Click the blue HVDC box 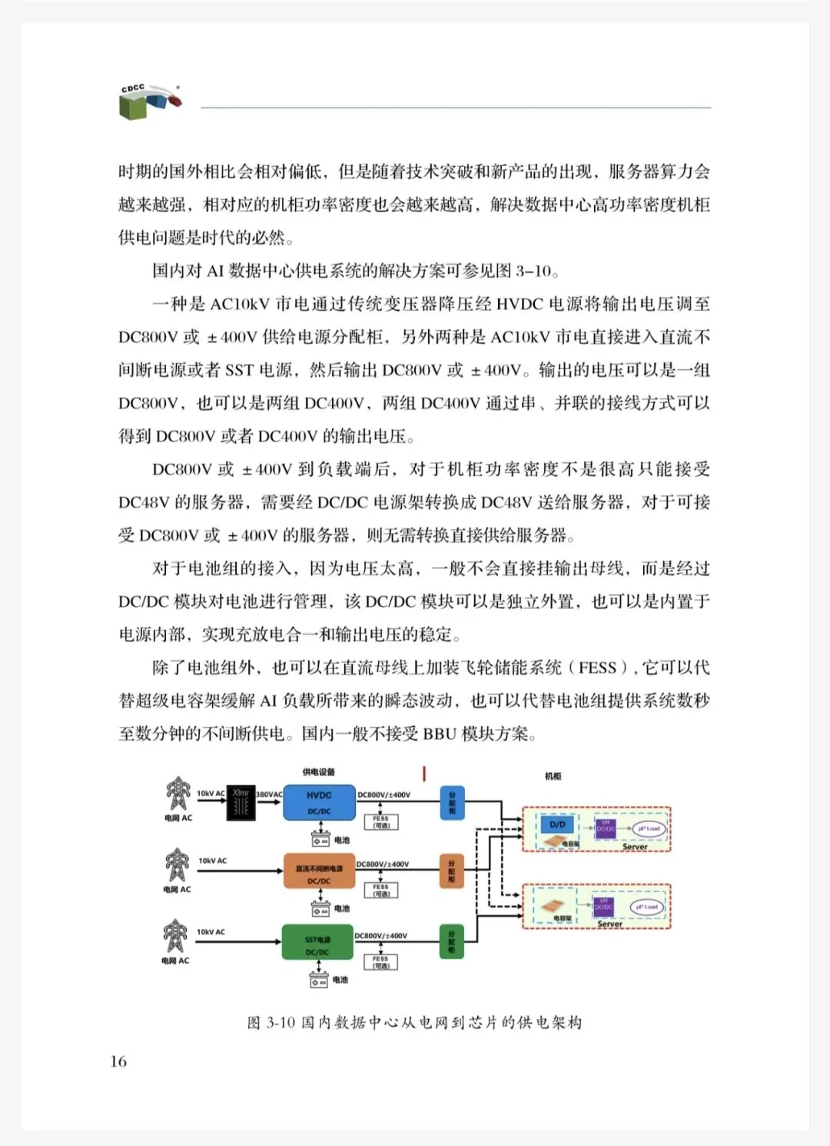tap(319, 802)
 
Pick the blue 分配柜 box tap(452, 801)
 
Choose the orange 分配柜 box tap(451, 871)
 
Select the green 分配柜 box tap(451, 941)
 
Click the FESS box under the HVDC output tap(381, 822)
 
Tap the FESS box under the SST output tap(380, 962)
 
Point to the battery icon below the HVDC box tap(320, 840)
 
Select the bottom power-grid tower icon tap(176, 936)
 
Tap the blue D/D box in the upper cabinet tap(558, 825)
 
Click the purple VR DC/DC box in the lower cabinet tap(603, 904)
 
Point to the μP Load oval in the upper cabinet tap(648, 828)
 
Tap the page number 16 tap(118, 1061)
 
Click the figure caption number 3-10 tap(281, 1022)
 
